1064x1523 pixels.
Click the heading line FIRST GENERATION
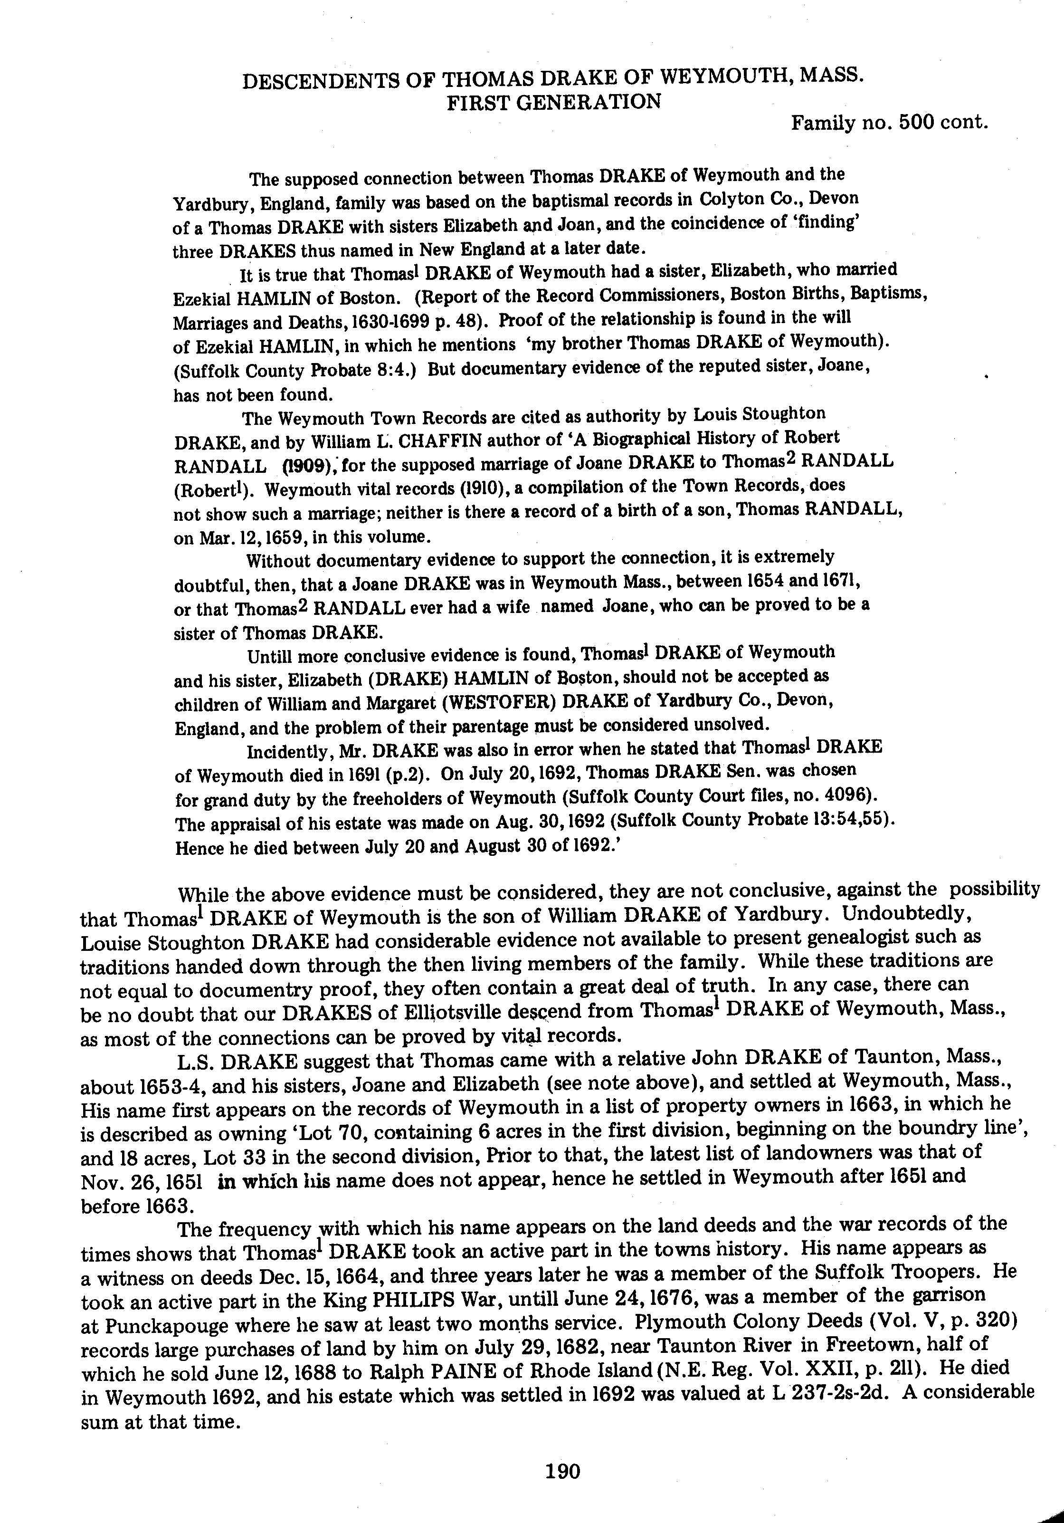[x=553, y=102]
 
